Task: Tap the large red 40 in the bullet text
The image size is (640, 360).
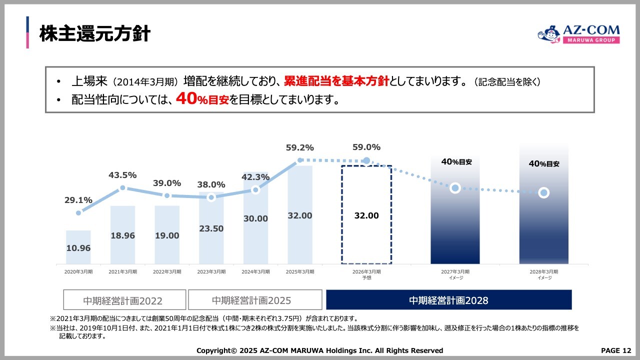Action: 185,99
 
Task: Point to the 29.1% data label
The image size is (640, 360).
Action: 78,200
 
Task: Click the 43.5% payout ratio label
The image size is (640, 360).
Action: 122,175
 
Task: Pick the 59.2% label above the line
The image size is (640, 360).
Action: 299,147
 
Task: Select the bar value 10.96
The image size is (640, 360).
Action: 78,248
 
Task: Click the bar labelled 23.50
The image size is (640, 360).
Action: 211,228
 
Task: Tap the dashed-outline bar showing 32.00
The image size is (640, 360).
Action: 366,215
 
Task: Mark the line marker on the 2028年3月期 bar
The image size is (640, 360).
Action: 544,192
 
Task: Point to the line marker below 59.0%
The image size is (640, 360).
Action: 366,160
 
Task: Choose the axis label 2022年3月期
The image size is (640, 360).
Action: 167,271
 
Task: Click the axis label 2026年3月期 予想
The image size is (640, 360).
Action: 366,274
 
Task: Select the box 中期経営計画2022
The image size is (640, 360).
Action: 124,300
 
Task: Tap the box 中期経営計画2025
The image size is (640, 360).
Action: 255,300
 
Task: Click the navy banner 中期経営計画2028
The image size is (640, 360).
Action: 448,300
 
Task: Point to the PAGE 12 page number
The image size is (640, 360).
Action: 616,350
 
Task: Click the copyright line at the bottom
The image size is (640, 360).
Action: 319,350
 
